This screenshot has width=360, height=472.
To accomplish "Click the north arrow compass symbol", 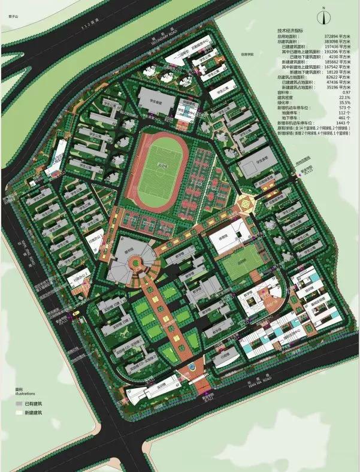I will [x=324, y=16].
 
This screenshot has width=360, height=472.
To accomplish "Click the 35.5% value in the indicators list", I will [x=343, y=102].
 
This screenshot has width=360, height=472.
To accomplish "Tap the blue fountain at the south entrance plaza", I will [x=192, y=365].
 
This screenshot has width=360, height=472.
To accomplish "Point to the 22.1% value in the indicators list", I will [x=343, y=97].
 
